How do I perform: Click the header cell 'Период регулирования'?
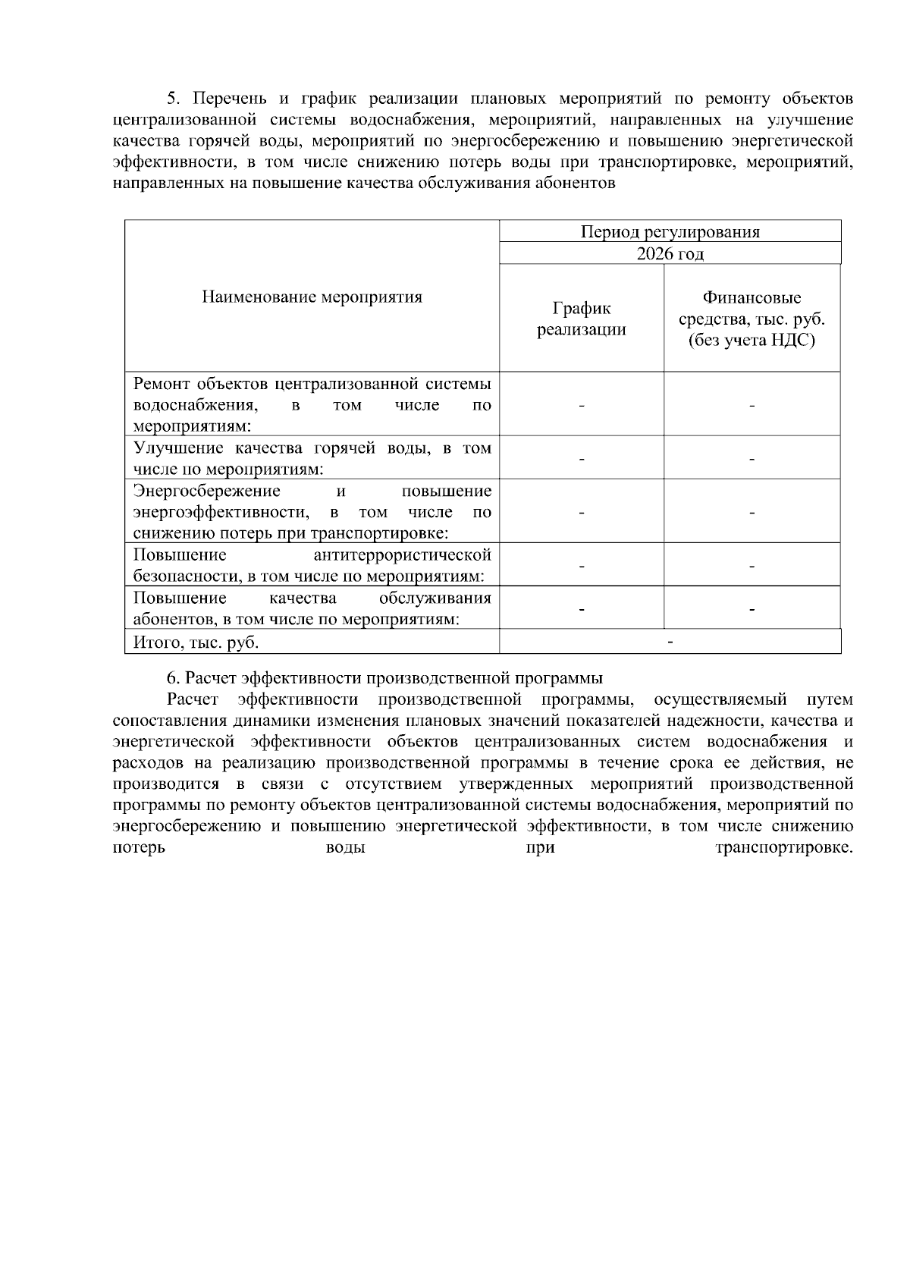(x=670, y=232)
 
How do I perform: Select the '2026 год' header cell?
(x=670, y=253)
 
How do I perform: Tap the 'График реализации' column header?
(x=581, y=319)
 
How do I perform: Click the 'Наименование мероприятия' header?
(x=312, y=297)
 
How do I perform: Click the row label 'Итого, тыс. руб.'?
(x=196, y=642)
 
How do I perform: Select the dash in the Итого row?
(x=670, y=642)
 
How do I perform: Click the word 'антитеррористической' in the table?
(x=402, y=555)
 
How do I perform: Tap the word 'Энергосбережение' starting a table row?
(x=207, y=491)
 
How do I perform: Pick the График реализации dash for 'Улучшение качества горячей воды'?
(x=581, y=459)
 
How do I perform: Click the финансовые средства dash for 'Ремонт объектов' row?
(x=752, y=406)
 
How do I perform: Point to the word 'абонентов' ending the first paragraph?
(x=579, y=184)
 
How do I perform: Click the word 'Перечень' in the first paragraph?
(x=226, y=99)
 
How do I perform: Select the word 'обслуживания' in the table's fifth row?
(x=435, y=598)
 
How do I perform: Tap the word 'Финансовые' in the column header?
(x=752, y=297)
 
